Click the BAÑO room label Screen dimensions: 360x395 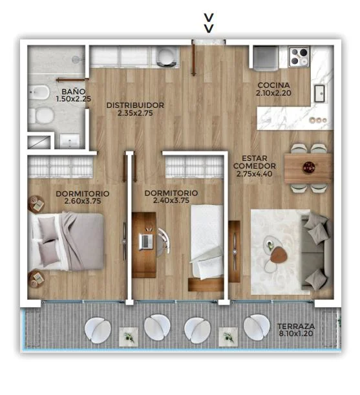pos(73,91)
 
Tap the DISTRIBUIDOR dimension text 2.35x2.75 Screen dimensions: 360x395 pos(135,113)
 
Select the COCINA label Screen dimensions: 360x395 pos(273,85)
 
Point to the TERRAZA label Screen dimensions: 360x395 pos(296,326)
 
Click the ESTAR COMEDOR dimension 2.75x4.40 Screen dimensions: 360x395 pos(254,173)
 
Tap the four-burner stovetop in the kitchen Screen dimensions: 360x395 pos(299,56)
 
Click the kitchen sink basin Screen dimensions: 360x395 pos(319,93)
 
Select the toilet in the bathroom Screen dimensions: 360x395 pos(41,116)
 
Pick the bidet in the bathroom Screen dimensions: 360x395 pos(39,92)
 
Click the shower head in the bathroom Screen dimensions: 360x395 pos(76,59)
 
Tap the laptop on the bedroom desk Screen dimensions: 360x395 pos(146,241)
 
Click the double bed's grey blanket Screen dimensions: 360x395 pos(82,241)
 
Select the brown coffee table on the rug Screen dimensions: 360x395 pos(279,255)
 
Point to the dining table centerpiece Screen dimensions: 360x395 pos(309,167)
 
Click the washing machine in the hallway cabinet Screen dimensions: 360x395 pos(166,57)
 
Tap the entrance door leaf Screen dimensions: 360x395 pos(193,59)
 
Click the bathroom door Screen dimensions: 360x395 pos(72,80)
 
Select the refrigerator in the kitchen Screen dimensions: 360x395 pos(266,58)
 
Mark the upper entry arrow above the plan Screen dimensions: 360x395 pos(209,17)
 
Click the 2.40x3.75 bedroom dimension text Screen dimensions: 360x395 pos(171,200)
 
